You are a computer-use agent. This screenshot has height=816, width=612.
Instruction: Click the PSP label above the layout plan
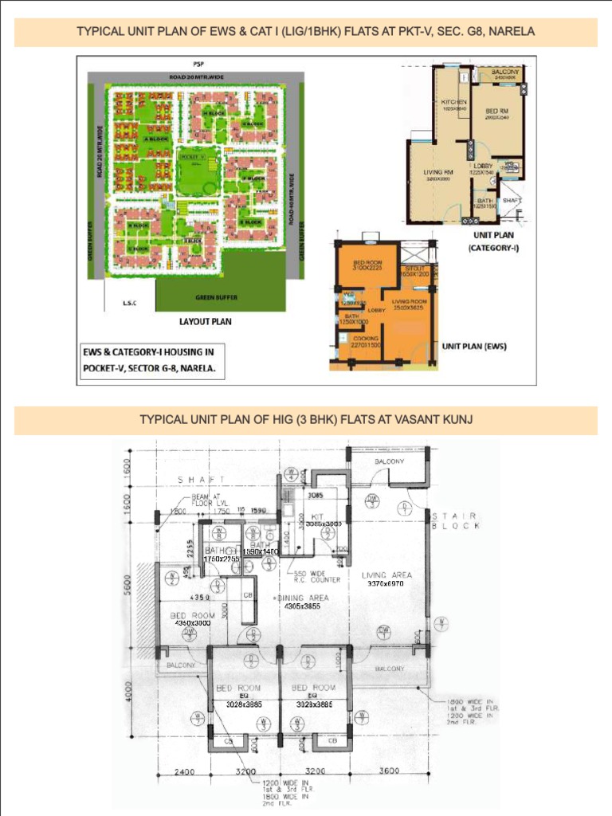pos(198,63)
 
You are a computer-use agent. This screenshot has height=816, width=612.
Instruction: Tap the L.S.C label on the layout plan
pos(128,302)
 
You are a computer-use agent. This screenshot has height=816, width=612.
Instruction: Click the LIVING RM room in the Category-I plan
pos(437,174)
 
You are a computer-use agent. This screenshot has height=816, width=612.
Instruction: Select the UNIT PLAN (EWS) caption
pos(474,347)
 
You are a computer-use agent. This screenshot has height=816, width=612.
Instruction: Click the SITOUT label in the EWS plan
pos(415,270)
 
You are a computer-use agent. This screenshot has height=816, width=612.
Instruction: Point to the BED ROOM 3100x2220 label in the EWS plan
pos(367,265)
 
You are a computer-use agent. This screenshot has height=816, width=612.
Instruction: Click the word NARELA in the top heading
pos(513,32)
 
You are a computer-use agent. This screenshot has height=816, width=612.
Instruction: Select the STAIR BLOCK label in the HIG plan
pos(456,521)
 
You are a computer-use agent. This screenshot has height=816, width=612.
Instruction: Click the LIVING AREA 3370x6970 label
pos(386,579)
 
